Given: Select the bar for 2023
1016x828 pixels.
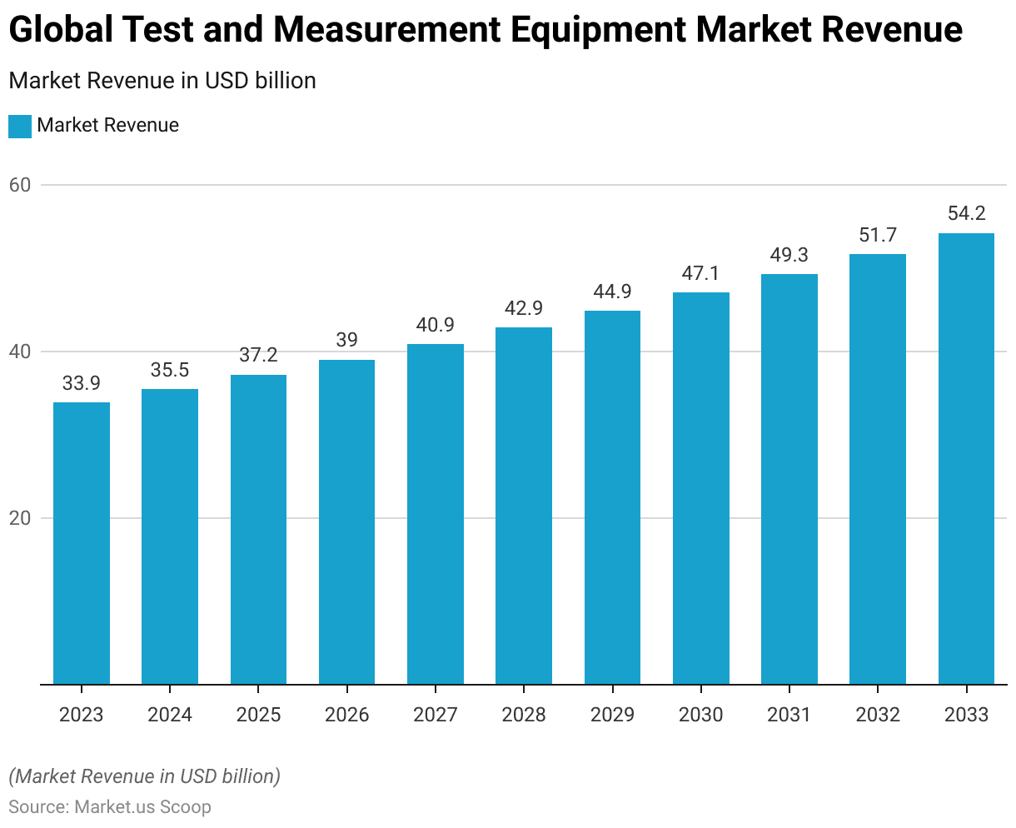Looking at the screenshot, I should [x=82, y=543].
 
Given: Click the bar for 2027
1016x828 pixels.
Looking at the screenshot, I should [x=436, y=514].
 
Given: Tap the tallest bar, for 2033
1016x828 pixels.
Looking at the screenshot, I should [x=966, y=459].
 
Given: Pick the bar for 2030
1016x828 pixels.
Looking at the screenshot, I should [x=700, y=488].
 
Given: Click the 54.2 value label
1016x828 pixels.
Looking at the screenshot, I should [x=966, y=213].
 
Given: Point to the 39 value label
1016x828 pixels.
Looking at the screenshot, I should [x=346, y=340].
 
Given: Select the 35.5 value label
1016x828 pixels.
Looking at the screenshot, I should [x=170, y=370].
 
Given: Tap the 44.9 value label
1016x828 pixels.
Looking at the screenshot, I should [x=612, y=292].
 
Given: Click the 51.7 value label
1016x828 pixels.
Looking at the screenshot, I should [x=878, y=235].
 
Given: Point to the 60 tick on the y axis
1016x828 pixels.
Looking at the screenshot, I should [x=20, y=185].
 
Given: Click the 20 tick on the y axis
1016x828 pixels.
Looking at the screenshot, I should [x=20, y=518].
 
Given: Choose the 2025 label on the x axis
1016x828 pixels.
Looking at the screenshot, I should [x=258, y=715].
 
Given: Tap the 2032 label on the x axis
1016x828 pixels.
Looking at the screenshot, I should [x=878, y=715].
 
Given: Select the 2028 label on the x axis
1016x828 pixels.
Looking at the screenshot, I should [x=524, y=715].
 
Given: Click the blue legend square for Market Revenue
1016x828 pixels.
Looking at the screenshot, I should [x=20, y=126].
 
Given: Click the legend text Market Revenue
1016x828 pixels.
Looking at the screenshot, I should [x=108, y=126].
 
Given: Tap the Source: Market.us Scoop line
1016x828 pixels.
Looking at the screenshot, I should [x=110, y=807].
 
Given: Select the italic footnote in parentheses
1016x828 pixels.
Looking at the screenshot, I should [x=145, y=776].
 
